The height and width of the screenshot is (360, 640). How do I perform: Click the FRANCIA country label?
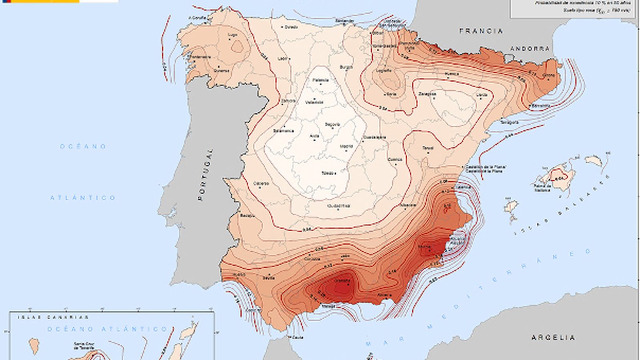pyautogui.click(x=481, y=31)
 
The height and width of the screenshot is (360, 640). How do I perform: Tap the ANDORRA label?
pyautogui.click(x=530, y=48)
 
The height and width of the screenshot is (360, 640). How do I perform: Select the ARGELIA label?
pyautogui.click(x=553, y=338)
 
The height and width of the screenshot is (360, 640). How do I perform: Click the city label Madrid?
pyautogui.click(x=346, y=147)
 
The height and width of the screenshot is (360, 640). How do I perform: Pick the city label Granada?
pyautogui.click(x=342, y=281)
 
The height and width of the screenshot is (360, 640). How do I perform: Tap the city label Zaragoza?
pyautogui.click(x=427, y=94)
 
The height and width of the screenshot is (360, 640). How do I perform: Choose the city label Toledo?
pyautogui.click(x=328, y=173)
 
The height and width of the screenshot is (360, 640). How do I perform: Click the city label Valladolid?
pyautogui.click(x=314, y=102)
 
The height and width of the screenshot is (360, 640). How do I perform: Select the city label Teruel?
pyautogui.click(x=428, y=148)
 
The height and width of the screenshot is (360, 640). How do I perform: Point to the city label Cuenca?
pyautogui.click(x=395, y=160)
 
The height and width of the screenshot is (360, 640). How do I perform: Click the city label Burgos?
pyautogui.click(x=346, y=67)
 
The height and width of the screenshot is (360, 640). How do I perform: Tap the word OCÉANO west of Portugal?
pyautogui.click(x=83, y=146)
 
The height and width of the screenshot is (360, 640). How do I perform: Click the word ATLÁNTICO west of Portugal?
pyautogui.click(x=83, y=198)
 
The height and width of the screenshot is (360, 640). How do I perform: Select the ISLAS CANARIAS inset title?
pyautogui.click(x=53, y=317)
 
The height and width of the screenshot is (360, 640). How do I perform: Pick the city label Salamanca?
pyautogui.click(x=283, y=131)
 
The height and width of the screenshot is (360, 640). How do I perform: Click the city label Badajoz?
pyautogui.click(x=248, y=216)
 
